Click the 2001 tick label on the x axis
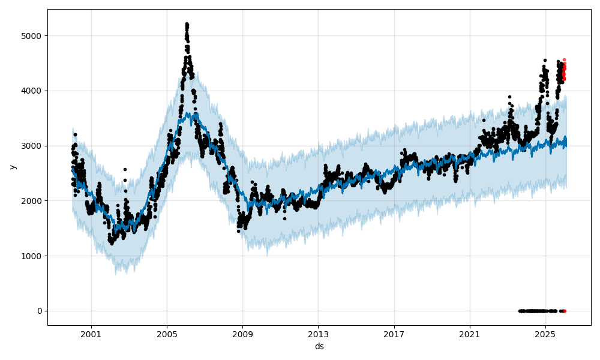[x=91, y=334]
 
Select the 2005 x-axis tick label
[x=167, y=334]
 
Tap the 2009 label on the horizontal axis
[x=242, y=334]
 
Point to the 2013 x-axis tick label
[x=318, y=334]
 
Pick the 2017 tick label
[x=394, y=334]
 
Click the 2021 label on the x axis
[x=469, y=334]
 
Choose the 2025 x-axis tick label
[x=545, y=334]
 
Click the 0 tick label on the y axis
[x=40, y=311]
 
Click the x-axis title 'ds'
[x=319, y=346]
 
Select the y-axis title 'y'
[x=11, y=167]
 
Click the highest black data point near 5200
[x=187, y=24]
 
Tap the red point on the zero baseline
[x=564, y=311]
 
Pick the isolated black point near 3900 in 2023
[x=509, y=97]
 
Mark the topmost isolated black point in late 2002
[x=125, y=169]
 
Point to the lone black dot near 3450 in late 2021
[x=484, y=120]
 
